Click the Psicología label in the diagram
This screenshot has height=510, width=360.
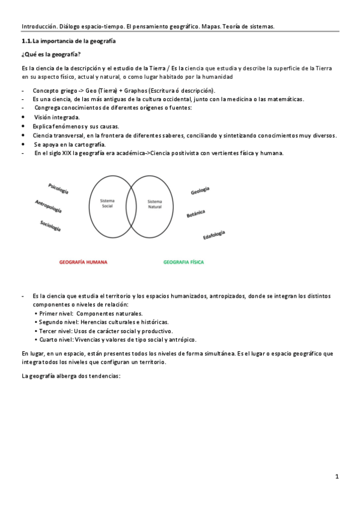[x=58, y=188]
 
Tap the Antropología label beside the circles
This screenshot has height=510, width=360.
[x=48, y=206]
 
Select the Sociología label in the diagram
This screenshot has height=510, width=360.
[x=50, y=226]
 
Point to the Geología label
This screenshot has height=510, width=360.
[x=200, y=191]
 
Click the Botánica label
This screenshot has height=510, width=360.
[x=196, y=214]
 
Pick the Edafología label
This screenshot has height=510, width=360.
[x=214, y=235]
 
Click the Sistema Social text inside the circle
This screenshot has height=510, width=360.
[x=107, y=203]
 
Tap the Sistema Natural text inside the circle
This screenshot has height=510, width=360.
[x=154, y=204]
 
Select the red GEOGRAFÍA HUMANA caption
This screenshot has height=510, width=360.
[x=83, y=262]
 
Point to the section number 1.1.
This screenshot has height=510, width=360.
[x=26, y=41]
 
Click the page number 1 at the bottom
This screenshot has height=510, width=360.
[x=337, y=477]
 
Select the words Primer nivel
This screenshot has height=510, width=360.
[x=56, y=313]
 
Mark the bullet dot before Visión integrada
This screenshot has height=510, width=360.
[x=23, y=117]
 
